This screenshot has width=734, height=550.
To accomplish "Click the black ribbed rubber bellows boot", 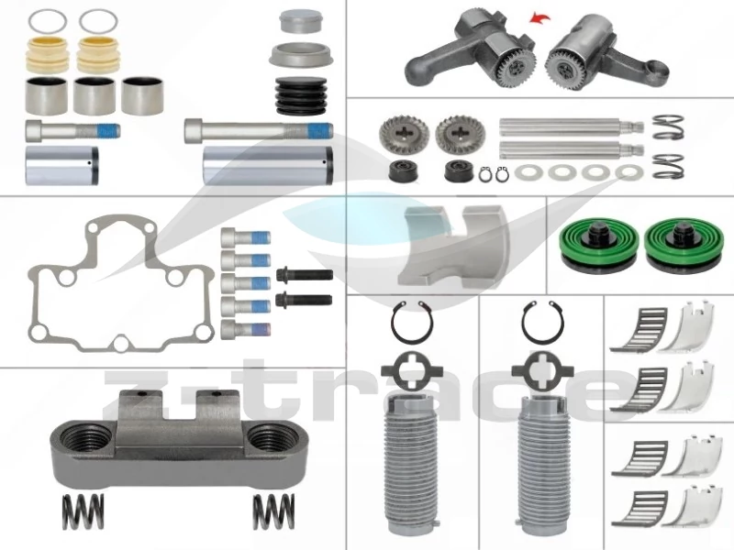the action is pyautogui.click(x=300, y=96).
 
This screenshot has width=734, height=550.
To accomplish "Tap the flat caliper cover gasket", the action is pyautogui.click(x=121, y=283).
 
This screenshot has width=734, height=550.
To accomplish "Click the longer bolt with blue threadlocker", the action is pyautogui.click(x=259, y=130).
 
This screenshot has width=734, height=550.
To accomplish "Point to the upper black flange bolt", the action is pyautogui.click(x=305, y=274).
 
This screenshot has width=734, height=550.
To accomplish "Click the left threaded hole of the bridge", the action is pyautogui.click(x=85, y=439).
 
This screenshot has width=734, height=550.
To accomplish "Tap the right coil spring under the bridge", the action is pyautogui.click(x=273, y=511).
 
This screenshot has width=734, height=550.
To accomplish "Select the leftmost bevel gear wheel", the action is pyautogui.click(x=398, y=134).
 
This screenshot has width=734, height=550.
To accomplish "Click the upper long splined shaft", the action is pyautogui.click(x=571, y=126).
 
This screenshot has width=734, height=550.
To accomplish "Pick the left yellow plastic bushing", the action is pyautogui.click(x=47, y=55).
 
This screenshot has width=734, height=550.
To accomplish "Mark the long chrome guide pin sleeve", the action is pyautogui.click(x=268, y=165).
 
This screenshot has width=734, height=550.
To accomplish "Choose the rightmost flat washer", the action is pyautogui.click(x=628, y=172).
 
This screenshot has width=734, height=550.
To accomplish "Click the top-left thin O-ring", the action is pyautogui.click(x=48, y=21).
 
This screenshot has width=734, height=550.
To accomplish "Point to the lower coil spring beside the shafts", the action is pyautogui.click(x=668, y=166).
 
